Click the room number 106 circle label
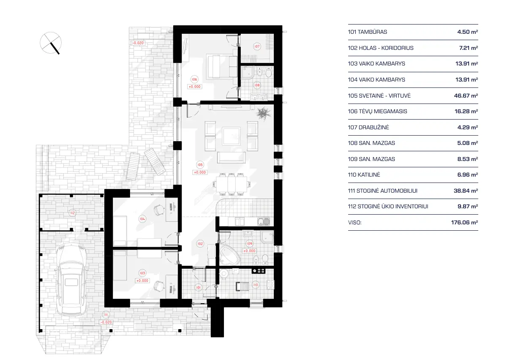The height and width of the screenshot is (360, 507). click(x=194, y=79)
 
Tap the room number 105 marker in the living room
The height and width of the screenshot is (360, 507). click(x=200, y=164)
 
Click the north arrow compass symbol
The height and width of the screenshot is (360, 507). click(x=51, y=43)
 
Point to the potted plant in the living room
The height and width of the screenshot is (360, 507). click(x=264, y=113)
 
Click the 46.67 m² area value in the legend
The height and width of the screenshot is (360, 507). click(x=465, y=95)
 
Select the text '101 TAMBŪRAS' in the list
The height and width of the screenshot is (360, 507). click(x=367, y=32)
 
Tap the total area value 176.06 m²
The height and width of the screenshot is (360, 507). click(x=464, y=222)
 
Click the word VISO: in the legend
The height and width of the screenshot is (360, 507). click(x=355, y=222)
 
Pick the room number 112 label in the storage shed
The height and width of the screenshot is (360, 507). click(x=72, y=213)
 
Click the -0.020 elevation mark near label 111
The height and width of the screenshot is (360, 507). click(x=106, y=322)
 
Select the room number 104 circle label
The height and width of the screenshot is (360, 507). click(x=142, y=218)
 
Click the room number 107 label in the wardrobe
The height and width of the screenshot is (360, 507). click(x=257, y=46)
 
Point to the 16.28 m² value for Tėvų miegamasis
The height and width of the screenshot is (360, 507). click(x=465, y=111)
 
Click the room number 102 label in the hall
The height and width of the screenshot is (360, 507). click(x=200, y=243)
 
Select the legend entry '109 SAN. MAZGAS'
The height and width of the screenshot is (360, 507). click(x=371, y=159)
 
